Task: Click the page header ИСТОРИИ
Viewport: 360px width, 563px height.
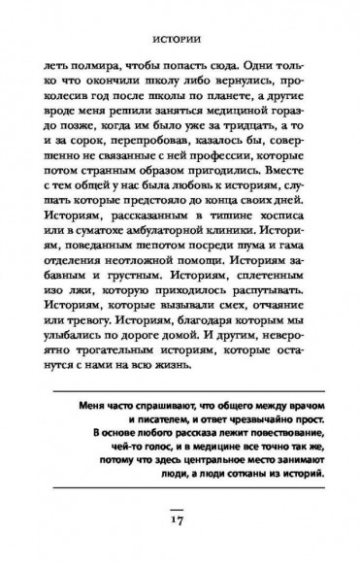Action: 180,43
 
